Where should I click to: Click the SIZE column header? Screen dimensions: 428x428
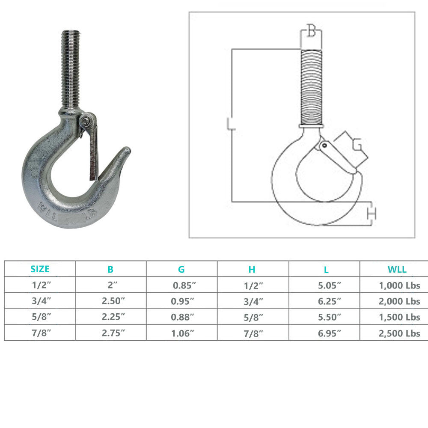40,269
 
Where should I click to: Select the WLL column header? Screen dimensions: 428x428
397,269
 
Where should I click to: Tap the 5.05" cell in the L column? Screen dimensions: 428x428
326,285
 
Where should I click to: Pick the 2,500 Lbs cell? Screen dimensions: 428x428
399,333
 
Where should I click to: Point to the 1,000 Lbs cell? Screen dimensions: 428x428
399,285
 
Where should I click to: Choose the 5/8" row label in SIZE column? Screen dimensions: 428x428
40,318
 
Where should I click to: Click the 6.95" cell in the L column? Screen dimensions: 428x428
326,333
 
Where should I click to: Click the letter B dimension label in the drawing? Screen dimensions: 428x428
312,32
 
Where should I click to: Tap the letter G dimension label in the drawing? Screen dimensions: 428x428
357,146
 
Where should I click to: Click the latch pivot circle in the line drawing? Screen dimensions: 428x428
324,146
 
